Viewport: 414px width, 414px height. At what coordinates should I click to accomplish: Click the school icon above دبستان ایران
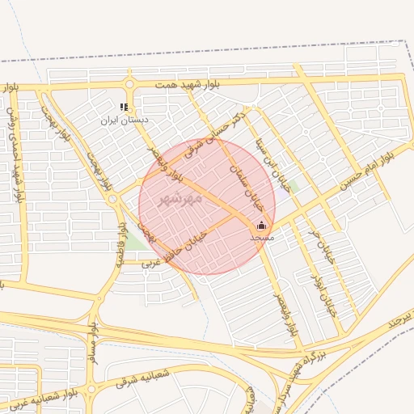(124, 107)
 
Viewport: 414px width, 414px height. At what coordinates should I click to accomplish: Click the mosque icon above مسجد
(261, 226)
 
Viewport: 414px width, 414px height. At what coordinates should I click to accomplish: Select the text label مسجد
(262, 238)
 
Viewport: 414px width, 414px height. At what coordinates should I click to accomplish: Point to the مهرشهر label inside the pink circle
(175, 199)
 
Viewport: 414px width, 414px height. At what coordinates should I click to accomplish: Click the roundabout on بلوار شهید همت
(129, 84)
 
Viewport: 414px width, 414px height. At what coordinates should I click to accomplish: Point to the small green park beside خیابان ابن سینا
(293, 186)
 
